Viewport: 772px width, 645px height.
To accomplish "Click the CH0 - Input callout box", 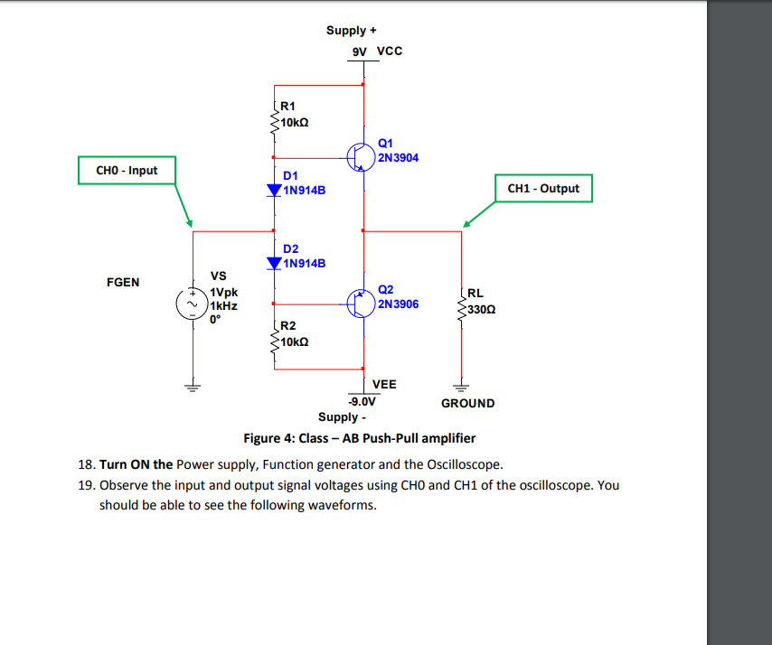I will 126,170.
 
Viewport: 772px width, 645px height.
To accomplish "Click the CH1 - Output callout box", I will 543,189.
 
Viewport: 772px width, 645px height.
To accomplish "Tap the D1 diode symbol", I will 275,191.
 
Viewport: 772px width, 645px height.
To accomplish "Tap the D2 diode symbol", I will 275,263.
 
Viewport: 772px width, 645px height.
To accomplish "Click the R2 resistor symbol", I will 275,337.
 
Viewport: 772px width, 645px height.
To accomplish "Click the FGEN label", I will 123,282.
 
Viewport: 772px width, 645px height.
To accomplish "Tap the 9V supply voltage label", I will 360,51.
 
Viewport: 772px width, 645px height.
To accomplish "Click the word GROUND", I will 467,403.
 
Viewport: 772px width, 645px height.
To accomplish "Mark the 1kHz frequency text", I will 223,305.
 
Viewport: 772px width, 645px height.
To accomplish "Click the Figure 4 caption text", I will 359,438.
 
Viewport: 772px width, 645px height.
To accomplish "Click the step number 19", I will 87,485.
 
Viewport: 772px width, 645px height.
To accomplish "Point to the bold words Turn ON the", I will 136,464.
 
